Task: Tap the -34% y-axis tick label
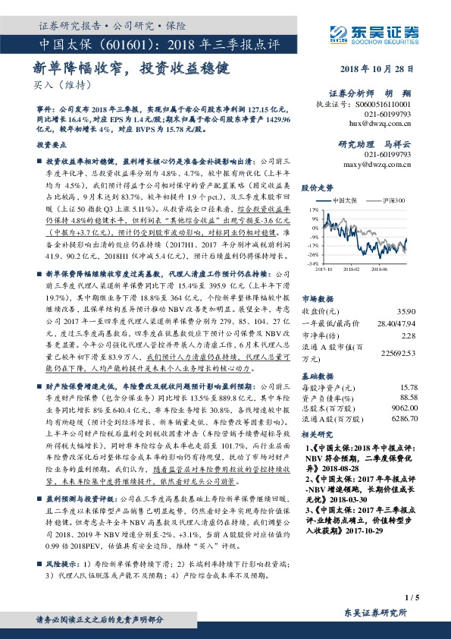click(x=312, y=262)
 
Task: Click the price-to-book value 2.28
click(x=409, y=336)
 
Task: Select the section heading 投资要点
click(x=53, y=143)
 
